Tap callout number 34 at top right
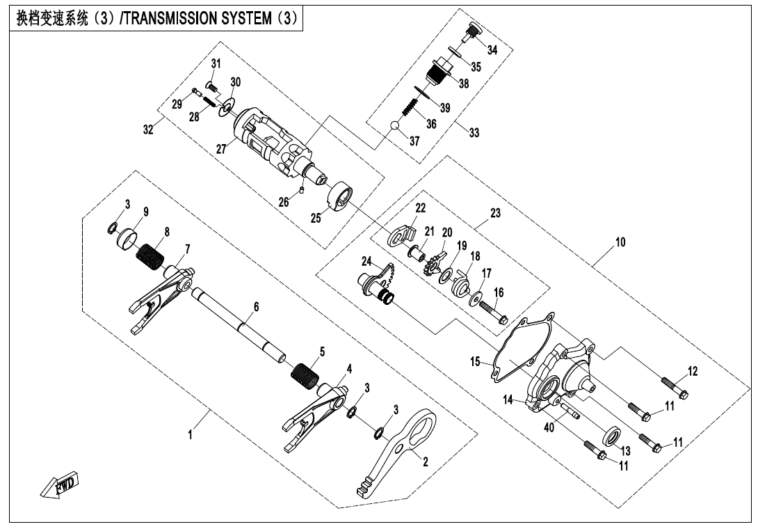(x=493, y=49)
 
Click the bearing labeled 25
(x=341, y=197)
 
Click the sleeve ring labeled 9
(x=125, y=239)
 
